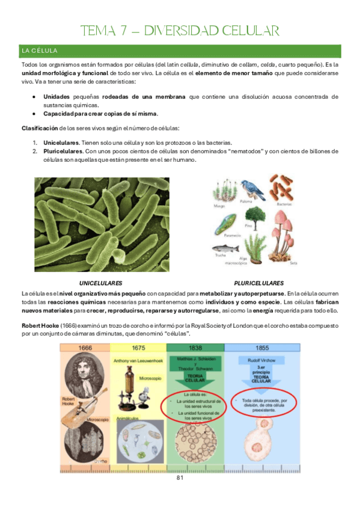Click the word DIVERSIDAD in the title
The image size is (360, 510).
click(x=191, y=31)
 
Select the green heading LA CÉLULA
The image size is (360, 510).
click(x=39, y=50)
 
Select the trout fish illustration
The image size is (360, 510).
click(x=221, y=249)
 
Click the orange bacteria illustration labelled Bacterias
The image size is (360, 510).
click(x=283, y=187)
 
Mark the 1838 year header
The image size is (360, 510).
click(x=194, y=348)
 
